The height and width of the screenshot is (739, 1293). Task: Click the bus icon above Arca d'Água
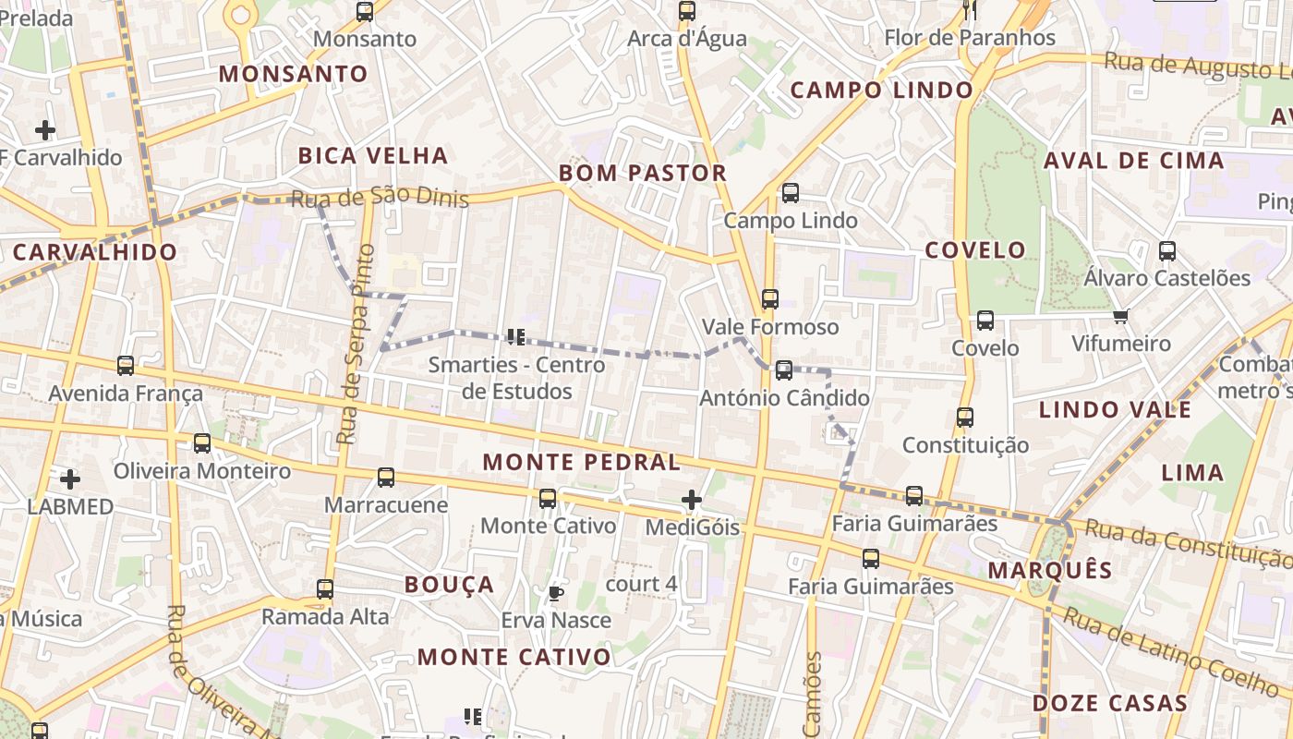tap(686, 11)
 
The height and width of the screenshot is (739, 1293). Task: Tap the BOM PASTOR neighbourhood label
tap(643, 173)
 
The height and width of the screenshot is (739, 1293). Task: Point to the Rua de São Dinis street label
tap(380, 198)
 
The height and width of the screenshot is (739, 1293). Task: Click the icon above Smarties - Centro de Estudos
tap(516, 337)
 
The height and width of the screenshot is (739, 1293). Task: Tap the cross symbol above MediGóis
tap(692, 500)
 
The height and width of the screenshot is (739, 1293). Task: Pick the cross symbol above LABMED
tap(70, 479)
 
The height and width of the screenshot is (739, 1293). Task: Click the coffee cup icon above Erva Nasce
tap(555, 592)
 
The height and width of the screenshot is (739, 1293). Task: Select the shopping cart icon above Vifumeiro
tap(1121, 317)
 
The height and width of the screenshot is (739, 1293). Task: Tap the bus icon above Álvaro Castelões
tap(1167, 250)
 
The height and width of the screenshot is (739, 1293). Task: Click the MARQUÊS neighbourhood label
tap(1050, 570)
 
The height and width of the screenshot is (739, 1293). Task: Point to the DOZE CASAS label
tap(1109, 703)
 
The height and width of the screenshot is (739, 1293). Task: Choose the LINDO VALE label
tap(1116, 409)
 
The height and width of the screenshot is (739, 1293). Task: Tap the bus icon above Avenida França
tap(126, 366)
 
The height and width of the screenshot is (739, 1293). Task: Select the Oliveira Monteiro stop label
tap(202, 471)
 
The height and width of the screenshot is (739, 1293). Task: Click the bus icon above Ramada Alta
tap(325, 588)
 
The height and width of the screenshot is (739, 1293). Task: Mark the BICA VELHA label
tap(373, 155)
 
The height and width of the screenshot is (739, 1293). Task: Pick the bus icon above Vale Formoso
tap(770, 299)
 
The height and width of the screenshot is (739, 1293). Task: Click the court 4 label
tap(641, 584)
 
